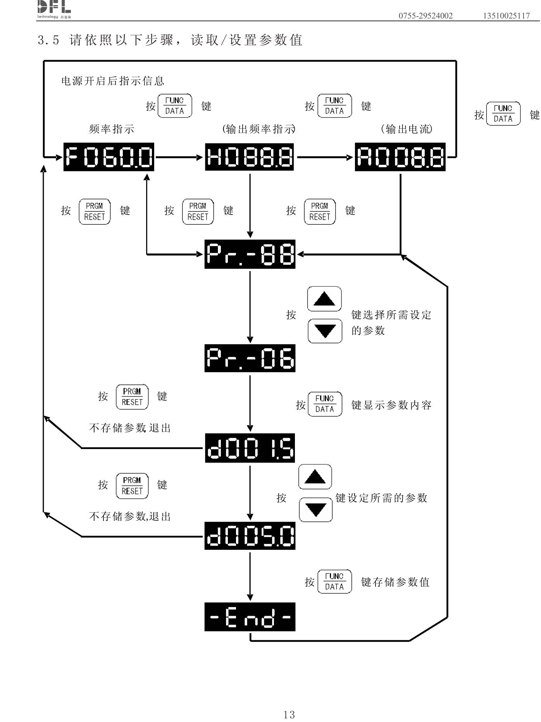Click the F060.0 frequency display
(x=109, y=157)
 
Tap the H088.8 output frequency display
(x=249, y=157)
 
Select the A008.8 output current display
(x=400, y=157)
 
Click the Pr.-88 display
(x=250, y=254)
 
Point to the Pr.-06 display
(x=250, y=358)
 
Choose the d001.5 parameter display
(x=250, y=448)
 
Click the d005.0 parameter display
(x=250, y=536)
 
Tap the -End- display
(x=250, y=617)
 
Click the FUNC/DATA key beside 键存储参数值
(x=334, y=581)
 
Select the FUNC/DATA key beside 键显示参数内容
(x=325, y=404)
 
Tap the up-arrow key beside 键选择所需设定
(x=324, y=299)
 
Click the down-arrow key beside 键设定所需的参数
(x=316, y=510)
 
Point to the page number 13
(x=289, y=714)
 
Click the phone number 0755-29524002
(x=426, y=16)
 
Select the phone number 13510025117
(x=506, y=16)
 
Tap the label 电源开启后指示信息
(x=113, y=81)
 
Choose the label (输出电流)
(x=407, y=129)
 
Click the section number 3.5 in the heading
(x=48, y=40)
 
